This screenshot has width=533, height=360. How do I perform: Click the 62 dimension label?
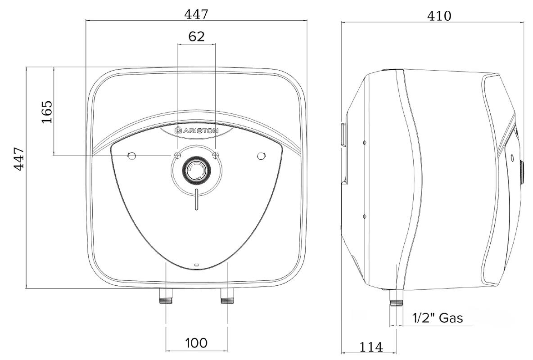click(196, 36)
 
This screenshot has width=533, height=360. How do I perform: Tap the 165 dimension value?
click(47, 112)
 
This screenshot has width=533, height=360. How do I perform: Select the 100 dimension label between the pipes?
click(196, 342)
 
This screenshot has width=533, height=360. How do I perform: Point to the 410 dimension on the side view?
click(439, 16)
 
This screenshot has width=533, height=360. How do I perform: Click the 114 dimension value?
click(371, 347)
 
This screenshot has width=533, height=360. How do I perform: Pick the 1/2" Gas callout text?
click(438, 318)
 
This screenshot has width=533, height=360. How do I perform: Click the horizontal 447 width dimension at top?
click(196, 14)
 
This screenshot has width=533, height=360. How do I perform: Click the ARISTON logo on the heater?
click(196, 130)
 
